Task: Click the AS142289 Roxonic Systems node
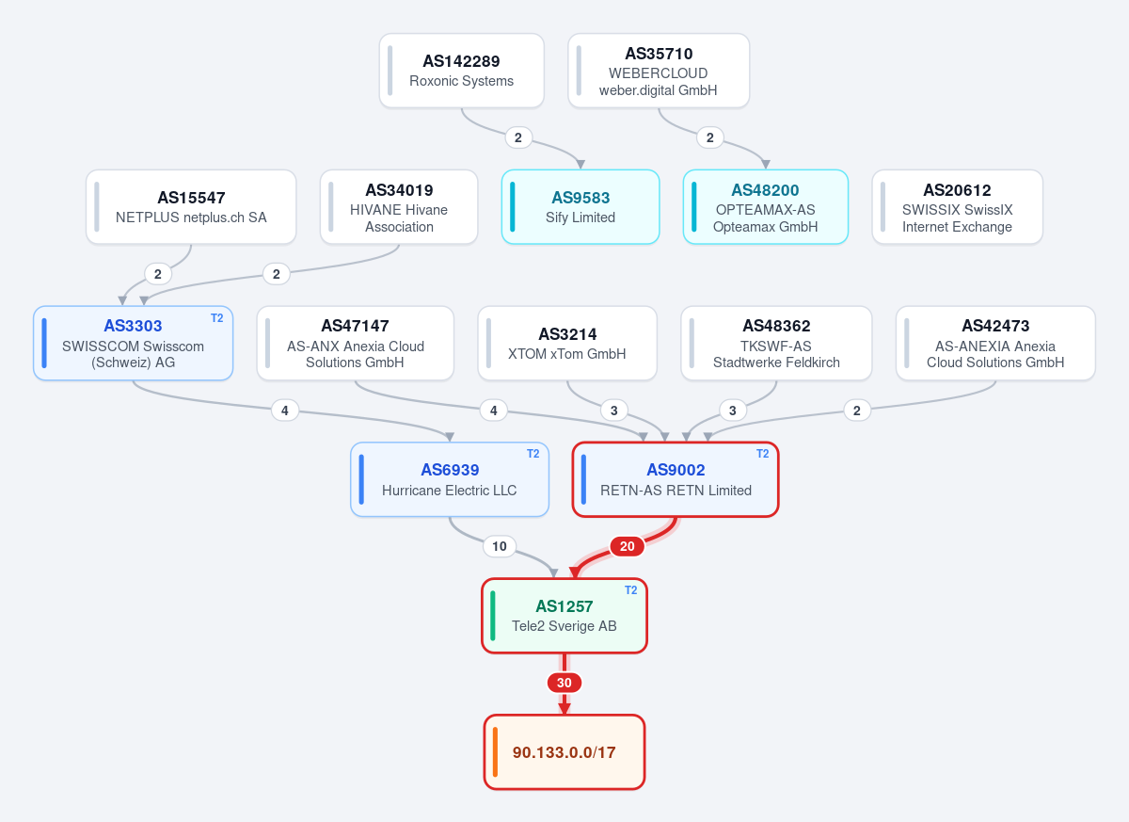461,71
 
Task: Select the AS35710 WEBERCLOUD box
659,71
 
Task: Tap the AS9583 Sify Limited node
580,207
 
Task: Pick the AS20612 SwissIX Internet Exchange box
957,207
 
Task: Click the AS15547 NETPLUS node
191,207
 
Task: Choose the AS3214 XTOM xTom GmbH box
567,343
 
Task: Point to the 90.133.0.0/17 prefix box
564,752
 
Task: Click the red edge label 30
564,683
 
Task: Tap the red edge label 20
627,546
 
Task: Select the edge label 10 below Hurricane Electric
499,546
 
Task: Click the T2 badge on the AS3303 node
216,318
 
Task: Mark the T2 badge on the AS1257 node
630,590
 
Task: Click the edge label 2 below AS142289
518,137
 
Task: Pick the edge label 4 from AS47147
493,411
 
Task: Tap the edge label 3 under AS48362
732,411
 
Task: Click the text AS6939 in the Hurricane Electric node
450,470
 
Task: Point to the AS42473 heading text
995,326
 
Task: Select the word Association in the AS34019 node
399,227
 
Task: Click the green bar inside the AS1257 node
492,616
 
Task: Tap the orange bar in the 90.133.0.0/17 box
495,752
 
